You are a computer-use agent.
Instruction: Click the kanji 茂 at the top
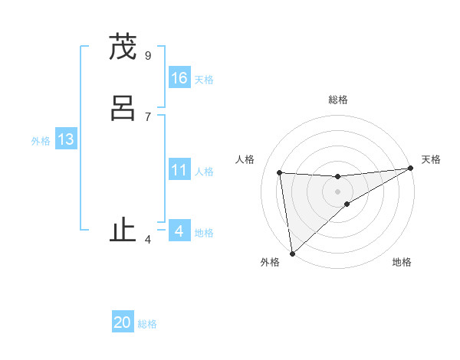pos(123,47)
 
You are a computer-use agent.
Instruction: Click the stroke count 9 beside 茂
pos(148,55)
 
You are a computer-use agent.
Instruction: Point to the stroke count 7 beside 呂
pos(148,116)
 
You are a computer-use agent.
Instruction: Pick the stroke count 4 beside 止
pos(148,240)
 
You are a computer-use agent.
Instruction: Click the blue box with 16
pos(179,77)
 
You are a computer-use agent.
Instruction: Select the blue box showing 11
pos(179,170)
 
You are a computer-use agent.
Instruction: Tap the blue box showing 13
pos(66,139)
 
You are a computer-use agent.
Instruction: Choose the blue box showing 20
pos(123,322)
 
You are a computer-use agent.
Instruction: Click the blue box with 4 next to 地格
pos(179,231)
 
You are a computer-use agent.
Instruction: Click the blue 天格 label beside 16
pos(204,80)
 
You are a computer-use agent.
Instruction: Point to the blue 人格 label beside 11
pos(204,172)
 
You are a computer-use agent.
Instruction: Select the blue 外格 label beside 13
pos(41,141)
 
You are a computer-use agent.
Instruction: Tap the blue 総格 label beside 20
pos(147,324)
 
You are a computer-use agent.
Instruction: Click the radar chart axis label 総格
pos(338,100)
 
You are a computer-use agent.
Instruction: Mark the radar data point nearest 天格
pos(410,169)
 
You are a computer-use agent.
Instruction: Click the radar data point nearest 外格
pos(292,253)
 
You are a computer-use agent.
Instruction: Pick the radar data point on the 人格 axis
pos(280,172)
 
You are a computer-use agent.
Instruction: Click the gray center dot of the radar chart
pos(338,191)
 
